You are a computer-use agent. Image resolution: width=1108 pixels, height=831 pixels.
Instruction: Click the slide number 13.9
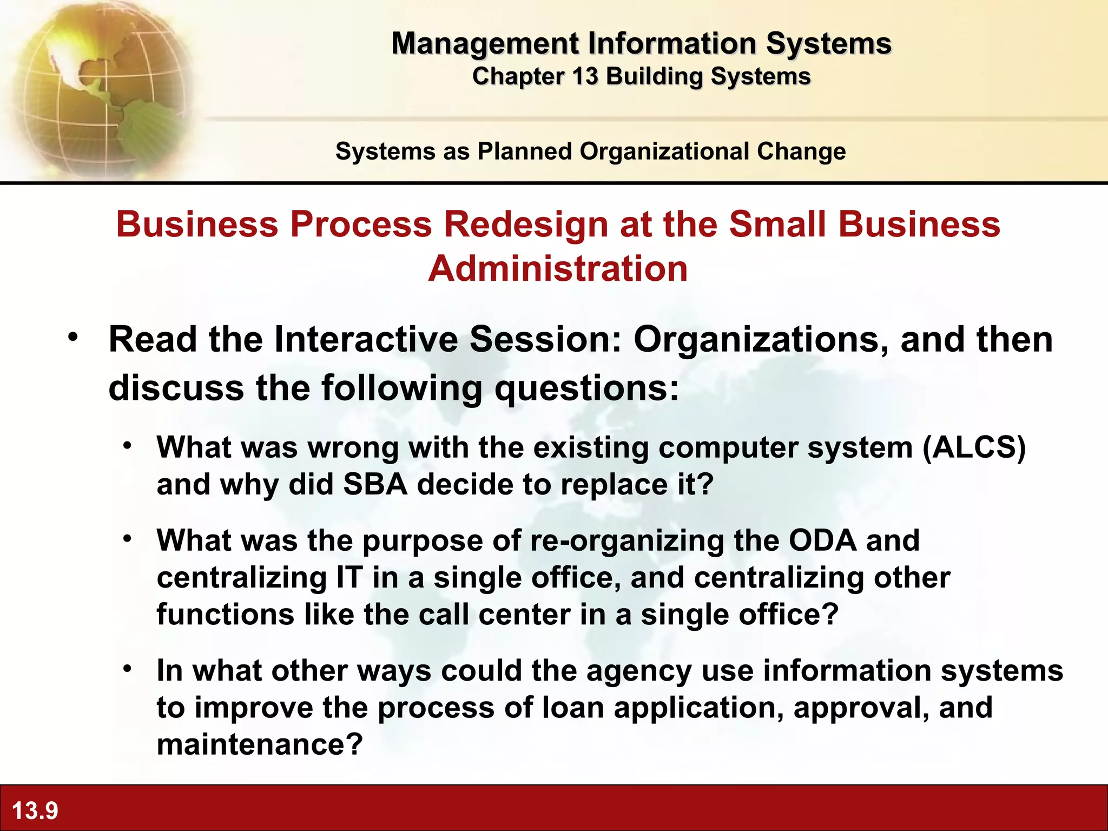click(35, 810)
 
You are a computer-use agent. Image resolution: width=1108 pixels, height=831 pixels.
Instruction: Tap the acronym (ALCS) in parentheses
click(974, 448)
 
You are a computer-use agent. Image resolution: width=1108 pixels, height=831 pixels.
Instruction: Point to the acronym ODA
click(822, 540)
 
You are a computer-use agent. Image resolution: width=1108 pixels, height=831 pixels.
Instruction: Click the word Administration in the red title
click(558, 269)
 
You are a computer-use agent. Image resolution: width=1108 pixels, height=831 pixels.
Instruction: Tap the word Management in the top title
click(485, 43)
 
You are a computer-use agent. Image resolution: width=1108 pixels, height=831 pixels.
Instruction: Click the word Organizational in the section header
click(665, 151)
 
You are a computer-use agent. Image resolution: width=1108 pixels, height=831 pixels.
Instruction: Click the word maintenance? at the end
click(259, 744)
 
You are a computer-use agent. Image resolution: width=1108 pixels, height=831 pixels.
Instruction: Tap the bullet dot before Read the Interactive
click(73, 337)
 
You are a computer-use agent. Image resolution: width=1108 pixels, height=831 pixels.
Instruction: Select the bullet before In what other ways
click(127, 669)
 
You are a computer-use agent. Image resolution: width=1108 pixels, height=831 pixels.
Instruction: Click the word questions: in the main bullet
click(587, 388)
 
